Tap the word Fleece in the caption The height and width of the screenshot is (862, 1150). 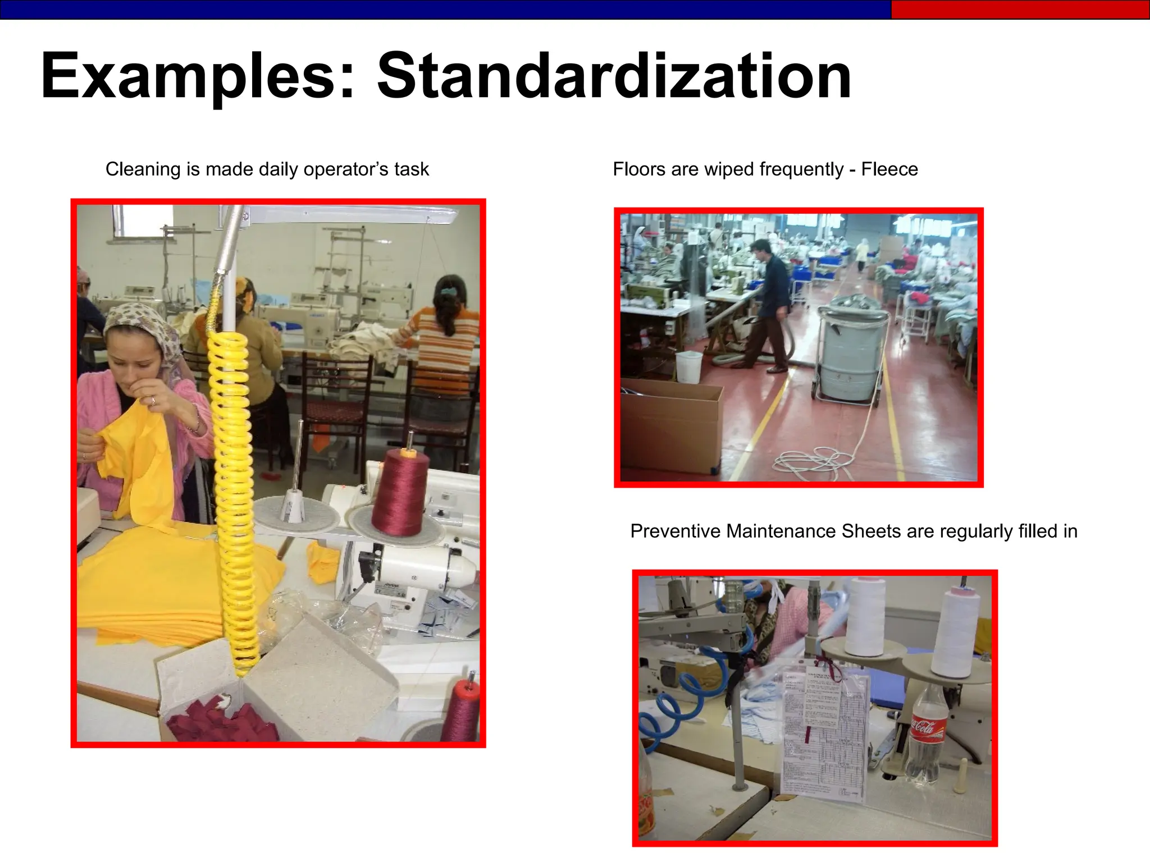point(889,169)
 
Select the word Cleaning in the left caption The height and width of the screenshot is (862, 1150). point(144,169)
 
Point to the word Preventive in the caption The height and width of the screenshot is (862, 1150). point(675,531)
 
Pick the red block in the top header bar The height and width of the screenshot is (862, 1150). point(1020,10)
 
